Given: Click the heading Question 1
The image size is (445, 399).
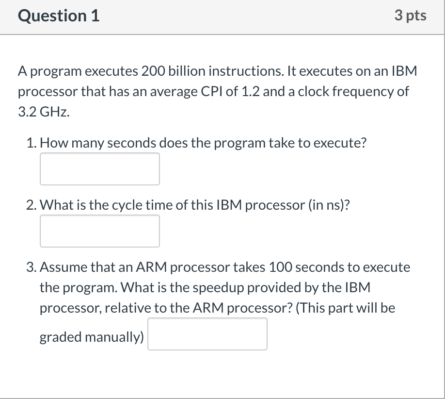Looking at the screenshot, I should click(59, 16).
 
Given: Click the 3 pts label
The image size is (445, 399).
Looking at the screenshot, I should click(410, 16).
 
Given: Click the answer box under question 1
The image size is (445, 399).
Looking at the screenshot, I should click(99, 169).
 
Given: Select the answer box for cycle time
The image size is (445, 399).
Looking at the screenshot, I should click(99, 231).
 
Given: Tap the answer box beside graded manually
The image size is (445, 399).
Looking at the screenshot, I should click(207, 334).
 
